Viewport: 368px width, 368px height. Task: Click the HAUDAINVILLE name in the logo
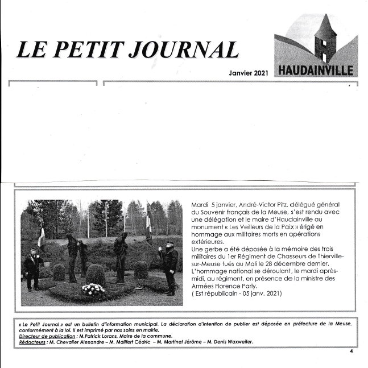[x=316, y=71]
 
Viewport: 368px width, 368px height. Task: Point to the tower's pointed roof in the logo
[x=326, y=26]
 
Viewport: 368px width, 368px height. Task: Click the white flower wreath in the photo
[x=93, y=288]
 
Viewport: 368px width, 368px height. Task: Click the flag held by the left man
[x=41, y=237]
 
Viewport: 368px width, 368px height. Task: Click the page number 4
[x=352, y=353]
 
